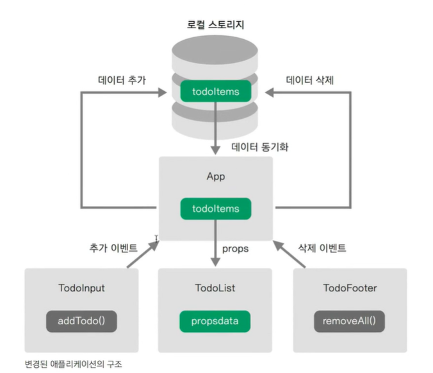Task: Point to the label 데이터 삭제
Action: coord(310,81)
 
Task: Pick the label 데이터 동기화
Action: coord(259,147)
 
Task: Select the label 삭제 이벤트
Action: coord(322,247)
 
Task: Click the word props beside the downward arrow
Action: coord(235,247)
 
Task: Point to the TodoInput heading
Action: coord(81,288)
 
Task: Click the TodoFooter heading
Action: coord(349,288)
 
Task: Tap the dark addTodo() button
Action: coord(81,320)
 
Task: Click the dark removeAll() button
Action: coord(349,320)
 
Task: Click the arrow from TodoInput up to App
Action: coord(142,253)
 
